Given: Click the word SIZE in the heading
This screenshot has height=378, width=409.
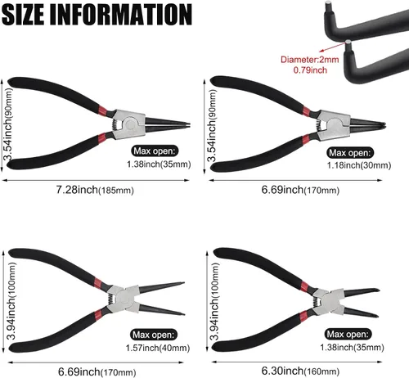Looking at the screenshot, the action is pyautogui.click(x=23, y=15).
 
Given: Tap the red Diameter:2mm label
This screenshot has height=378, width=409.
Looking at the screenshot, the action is pyautogui.click(x=310, y=60).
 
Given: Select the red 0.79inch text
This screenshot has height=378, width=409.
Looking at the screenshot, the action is pyautogui.click(x=310, y=70).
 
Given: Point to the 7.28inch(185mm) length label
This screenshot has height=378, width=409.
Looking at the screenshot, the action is pyautogui.click(x=95, y=190).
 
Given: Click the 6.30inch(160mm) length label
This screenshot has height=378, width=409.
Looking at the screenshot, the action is pyautogui.click(x=300, y=371).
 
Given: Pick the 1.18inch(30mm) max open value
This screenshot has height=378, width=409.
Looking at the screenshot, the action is pyautogui.click(x=359, y=165).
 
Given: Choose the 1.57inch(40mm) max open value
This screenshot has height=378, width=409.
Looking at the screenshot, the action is pyautogui.click(x=158, y=348).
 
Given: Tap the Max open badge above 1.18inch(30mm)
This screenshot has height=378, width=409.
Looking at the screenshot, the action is pyautogui.click(x=350, y=153).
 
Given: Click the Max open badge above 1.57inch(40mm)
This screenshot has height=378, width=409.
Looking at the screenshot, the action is pyautogui.click(x=154, y=335).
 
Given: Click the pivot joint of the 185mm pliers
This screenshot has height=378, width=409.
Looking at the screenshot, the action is pyautogui.click(x=129, y=124).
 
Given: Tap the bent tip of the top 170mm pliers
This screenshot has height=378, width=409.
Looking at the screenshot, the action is pyautogui.click(x=382, y=124).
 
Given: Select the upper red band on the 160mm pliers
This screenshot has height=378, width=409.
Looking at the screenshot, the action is pyautogui.click(x=304, y=286).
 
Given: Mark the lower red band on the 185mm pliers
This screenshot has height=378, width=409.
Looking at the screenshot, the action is pyautogui.click(x=102, y=137).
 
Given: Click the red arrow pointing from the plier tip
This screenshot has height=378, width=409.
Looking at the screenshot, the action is pyautogui.click(x=333, y=47).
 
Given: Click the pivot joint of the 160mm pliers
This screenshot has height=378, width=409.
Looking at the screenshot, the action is pyautogui.click(x=326, y=301).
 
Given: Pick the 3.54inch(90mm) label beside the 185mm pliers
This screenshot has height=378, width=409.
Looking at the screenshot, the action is pyautogui.click(x=8, y=124).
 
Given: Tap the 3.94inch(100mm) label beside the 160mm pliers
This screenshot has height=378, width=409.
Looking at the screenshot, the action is pyautogui.click(x=214, y=301).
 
